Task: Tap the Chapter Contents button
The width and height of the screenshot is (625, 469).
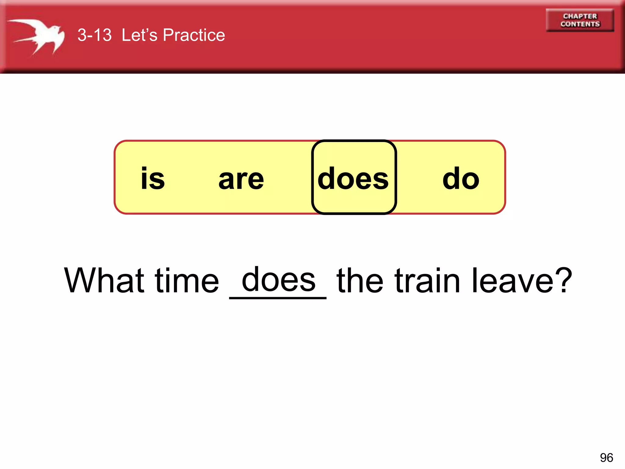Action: (x=580, y=20)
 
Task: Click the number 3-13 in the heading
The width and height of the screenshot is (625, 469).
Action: (x=94, y=35)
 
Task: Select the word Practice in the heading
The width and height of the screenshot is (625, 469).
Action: (x=194, y=35)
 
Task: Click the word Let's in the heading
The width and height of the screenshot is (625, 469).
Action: (x=139, y=35)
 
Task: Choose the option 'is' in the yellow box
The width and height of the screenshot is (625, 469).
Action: (x=153, y=179)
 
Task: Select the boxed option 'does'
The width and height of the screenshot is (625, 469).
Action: (x=353, y=179)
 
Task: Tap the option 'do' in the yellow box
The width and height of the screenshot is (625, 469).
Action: (x=461, y=179)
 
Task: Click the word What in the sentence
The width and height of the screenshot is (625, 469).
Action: (x=104, y=280)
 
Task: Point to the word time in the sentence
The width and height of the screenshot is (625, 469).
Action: (x=187, y=280)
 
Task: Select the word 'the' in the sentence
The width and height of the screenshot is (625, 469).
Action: (x=360, y=280)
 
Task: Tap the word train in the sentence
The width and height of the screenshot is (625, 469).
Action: (x=427, y=280)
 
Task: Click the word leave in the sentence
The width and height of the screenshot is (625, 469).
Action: (x=513, y=280)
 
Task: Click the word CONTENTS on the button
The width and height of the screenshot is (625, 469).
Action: (x=580, y=24)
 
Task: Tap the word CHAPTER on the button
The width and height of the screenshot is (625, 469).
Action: (x=580, y=16)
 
